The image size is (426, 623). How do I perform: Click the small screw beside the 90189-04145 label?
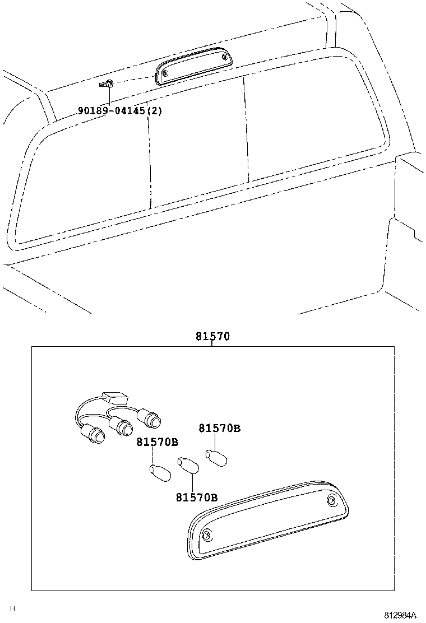tap(107, 84)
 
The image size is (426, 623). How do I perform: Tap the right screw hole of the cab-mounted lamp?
tap(224, 57)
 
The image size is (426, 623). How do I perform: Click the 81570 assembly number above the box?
tap(213, 337)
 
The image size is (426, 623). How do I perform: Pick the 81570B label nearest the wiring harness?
tap(157, 442)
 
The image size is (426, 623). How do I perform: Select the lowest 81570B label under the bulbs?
tap(196, 497)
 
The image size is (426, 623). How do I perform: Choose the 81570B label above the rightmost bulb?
tap(219, 428)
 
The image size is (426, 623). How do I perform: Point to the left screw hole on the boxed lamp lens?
tap(206, 534)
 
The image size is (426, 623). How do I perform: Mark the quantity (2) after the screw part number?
tap(155, 111)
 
